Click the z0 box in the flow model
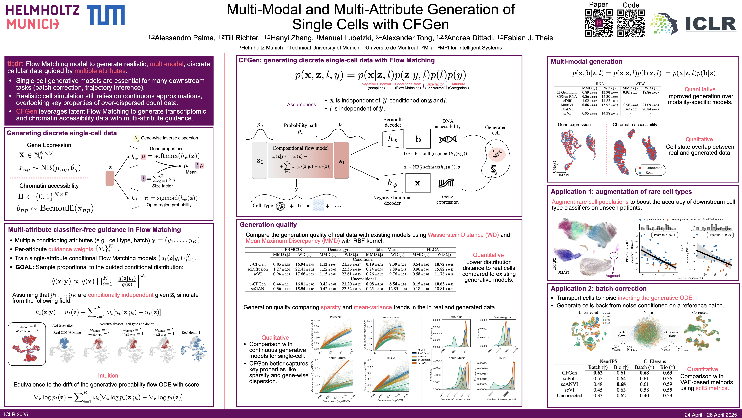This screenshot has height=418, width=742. [260, 160]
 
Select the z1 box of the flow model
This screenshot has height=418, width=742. [341, 160]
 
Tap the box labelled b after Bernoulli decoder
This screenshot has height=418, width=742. [418, 139]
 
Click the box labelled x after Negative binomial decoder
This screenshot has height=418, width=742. [418, 183]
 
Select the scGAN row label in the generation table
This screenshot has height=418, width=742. [257, 289]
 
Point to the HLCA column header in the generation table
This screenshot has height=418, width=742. [433, 249]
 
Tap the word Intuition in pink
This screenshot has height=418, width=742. [108, 376]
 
